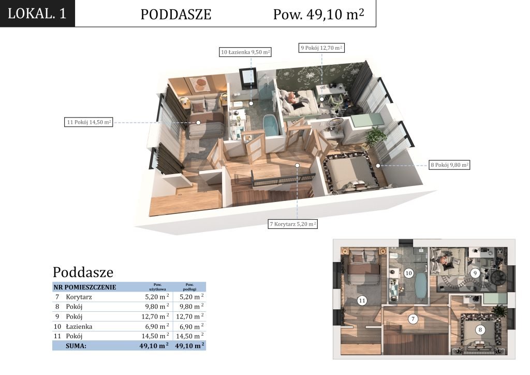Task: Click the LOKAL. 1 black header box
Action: coord(37,13)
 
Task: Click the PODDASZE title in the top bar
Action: coord(176,14)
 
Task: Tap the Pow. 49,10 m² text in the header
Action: coord(318,14)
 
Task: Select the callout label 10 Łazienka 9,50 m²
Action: coord(245,52)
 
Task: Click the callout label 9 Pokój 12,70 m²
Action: coord(321,48)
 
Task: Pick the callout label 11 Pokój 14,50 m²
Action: coord(89,122)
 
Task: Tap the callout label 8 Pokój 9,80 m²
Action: coord(449,165)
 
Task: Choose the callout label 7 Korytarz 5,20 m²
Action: coord(293,224)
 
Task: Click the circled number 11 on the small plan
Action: coord(362,300)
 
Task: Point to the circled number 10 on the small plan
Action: coord(409,273)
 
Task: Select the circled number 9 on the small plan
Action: coord(475,273)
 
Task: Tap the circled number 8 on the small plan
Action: coord(480,330)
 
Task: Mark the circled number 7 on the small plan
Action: coord(413,319)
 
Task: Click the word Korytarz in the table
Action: coord(79,297)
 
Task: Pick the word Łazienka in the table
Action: coord(79,326)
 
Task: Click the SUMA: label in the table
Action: coord(76,346)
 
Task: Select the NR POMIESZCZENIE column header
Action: coord(84,287)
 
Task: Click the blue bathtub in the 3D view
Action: coord(271,125)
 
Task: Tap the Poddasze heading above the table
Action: coord(83,272)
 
